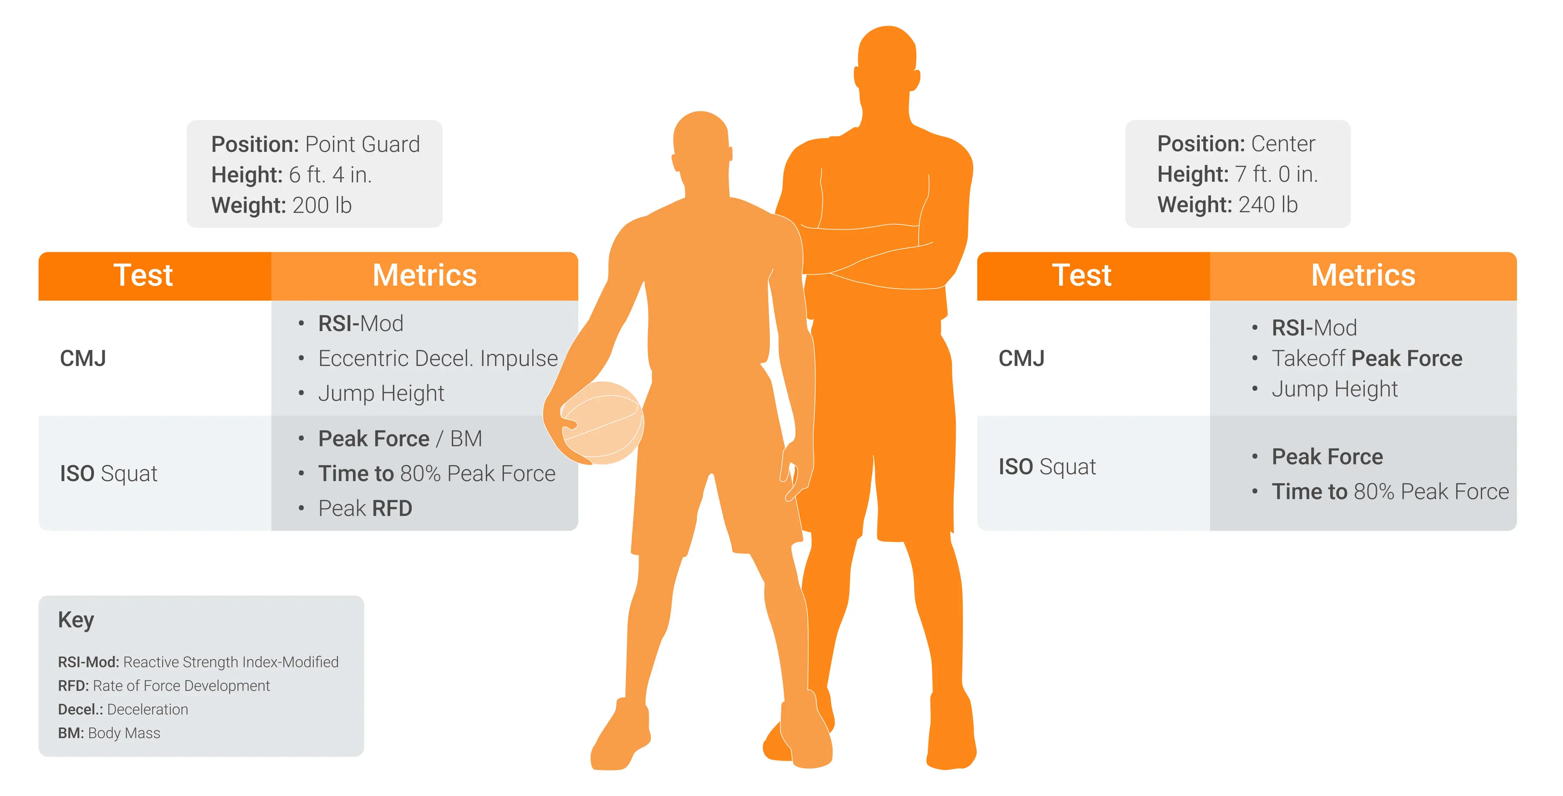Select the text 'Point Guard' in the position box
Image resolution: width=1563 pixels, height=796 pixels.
pyautogui.click(x=362, y=144)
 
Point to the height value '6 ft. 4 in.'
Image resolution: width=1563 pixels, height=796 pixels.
pyautogui.click(x=330, y=175)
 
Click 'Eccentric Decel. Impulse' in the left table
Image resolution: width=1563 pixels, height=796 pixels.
pyautogui.click(x=438, y=359)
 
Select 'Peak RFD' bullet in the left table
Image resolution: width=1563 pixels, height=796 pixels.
pyautogui.click(x=365, y=508)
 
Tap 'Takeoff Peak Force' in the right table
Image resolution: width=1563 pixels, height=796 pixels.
pyautogui.click(x=1366, y=359)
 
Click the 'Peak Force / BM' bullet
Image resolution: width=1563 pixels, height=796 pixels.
pyautogui.click(x=400, y=439)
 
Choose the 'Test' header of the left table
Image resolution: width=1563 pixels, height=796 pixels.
pyautogui.click(x=143, y=276)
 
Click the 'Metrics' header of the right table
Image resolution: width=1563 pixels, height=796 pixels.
pyautogui.click(x=1363, y=276)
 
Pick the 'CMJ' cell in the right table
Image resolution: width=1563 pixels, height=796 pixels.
pyautogui.click(x=1021, y=359)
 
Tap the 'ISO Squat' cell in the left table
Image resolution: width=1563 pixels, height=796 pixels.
pyautogui.click(x=109, y=473)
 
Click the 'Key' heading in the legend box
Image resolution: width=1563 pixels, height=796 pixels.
pyautogui.click(x=76, y=620)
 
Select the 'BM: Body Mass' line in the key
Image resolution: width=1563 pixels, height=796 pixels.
pyautogui.click(x=109, y=733)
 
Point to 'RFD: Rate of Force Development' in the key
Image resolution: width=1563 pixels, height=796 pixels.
pyautogui.click(x=164, y=686)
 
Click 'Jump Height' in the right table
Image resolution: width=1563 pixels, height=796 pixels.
pyautogui.click(x=1334, y=389)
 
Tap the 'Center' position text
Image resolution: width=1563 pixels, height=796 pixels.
pyautogui.click(x=1283, y=144)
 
